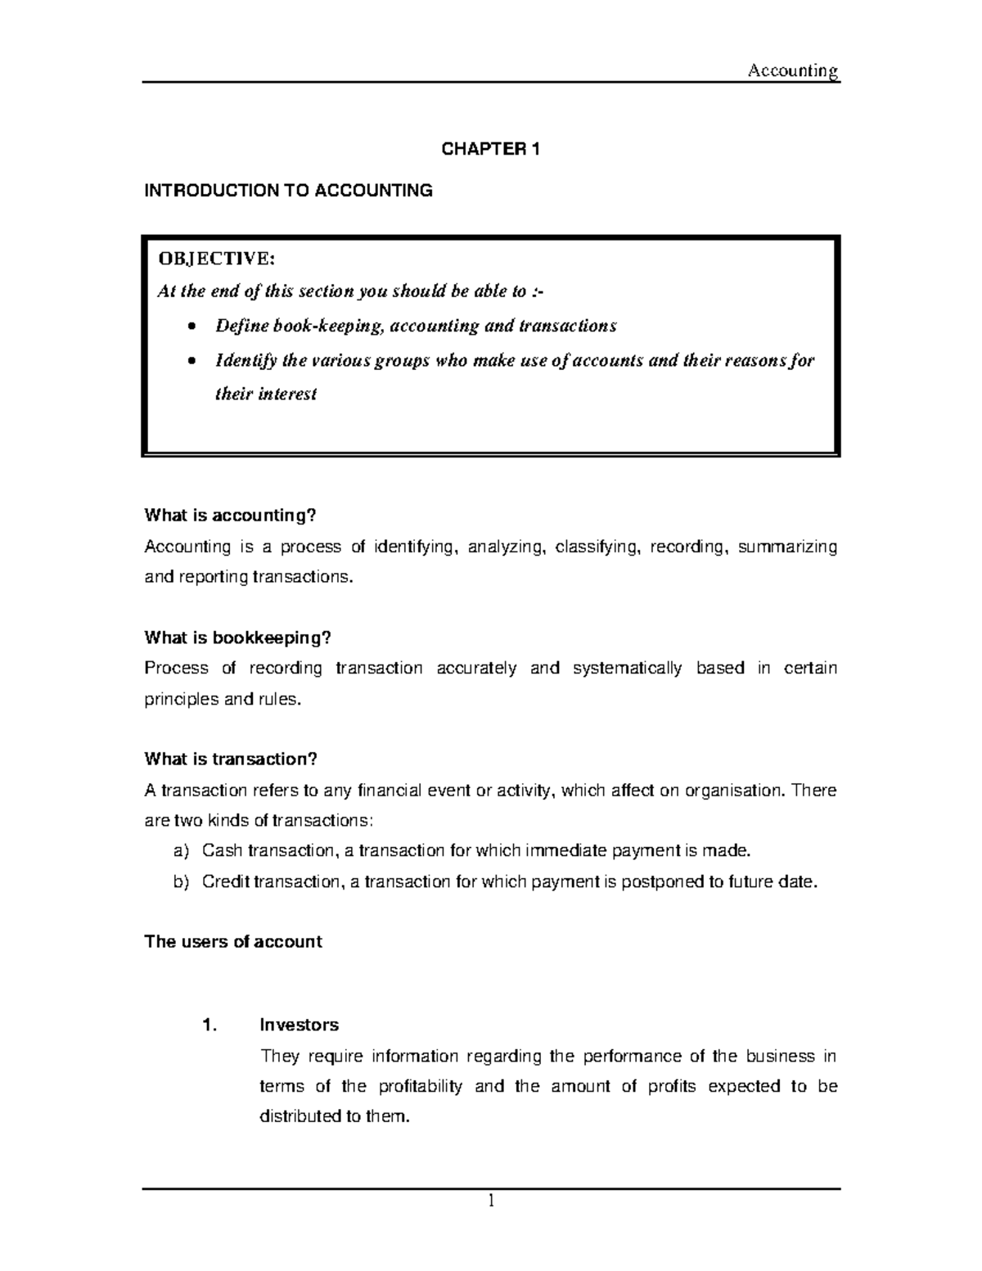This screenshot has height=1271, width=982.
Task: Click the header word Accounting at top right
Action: point(793,71)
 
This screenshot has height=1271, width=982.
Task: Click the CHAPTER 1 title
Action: point(491,149)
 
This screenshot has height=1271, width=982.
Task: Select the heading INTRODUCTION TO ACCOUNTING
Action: point(288,191)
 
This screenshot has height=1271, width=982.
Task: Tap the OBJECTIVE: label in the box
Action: point(217,259)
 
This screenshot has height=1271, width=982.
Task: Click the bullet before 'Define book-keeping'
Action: point(191,327)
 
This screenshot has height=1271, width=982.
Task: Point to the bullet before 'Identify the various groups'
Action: point(191,361)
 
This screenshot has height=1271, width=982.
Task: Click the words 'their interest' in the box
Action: point(265,394)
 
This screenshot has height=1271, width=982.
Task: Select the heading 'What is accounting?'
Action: point(230,515)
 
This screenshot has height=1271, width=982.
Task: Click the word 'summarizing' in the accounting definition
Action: point(787,547)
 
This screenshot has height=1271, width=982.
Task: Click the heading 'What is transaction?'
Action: point(230,759)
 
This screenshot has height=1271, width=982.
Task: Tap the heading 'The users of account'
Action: point(233,941)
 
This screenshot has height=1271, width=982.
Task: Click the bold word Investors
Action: point(299,1025)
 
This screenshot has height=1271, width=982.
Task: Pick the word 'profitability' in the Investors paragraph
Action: point(420,1086)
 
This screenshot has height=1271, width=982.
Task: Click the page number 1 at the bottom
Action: point(491,1201)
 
